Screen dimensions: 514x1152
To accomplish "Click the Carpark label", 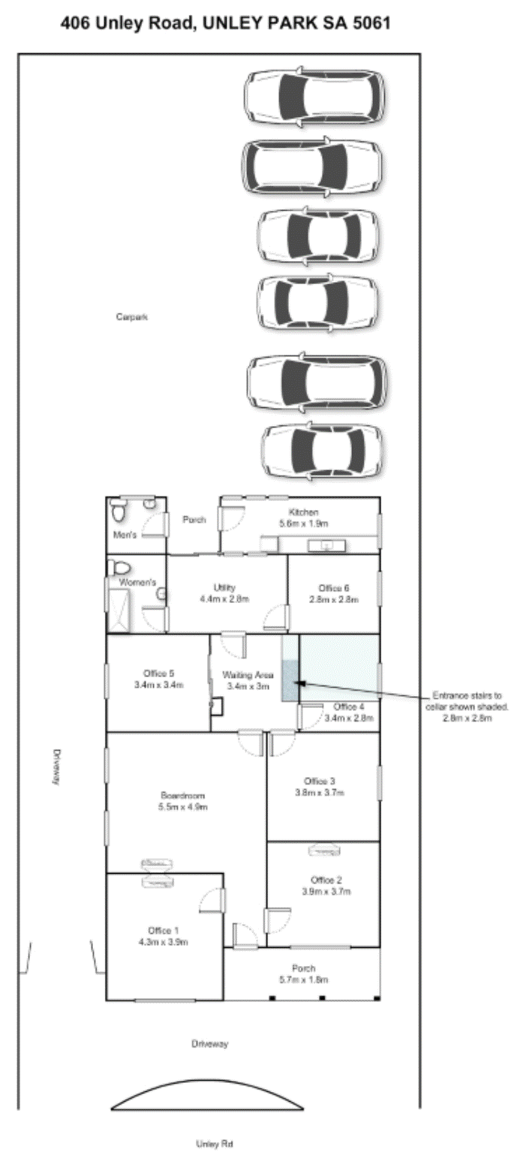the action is [132, 316].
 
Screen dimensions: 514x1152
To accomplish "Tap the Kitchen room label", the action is [304, 518].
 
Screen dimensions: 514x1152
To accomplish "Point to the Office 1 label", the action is [163, 936].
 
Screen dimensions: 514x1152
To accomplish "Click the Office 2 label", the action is [326, 886].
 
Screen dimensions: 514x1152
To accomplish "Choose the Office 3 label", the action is [320, 787].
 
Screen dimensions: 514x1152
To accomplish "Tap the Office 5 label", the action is [158, 679].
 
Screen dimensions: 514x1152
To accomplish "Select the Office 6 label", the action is [334, 593].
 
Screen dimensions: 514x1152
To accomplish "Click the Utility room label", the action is [224, 593].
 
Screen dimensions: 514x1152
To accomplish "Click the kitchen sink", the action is [327, 545].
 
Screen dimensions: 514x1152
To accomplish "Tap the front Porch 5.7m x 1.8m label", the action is [304, 974].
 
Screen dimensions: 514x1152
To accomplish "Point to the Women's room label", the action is [137, 583].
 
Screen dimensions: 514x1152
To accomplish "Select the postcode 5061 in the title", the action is [371, 23].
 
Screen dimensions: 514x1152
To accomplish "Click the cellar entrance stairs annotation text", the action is [467, 706].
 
